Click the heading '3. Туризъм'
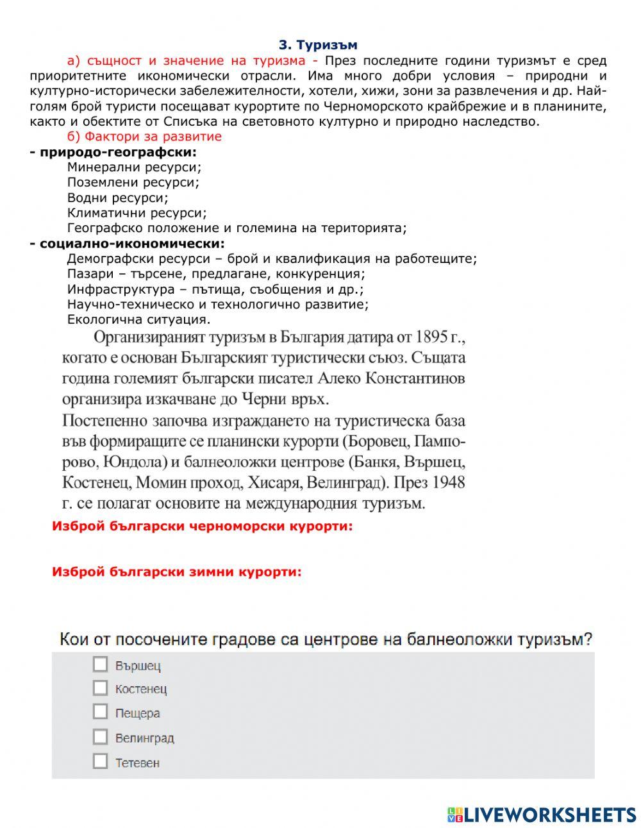[318, 45]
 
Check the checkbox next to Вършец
[100, 664]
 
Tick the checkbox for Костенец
[100, 688]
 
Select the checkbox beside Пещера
[100, 712]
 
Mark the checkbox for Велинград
[100, 737]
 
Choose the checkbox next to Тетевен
[100, 761]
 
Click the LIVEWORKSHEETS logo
[542, 815]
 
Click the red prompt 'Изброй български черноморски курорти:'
[202, 527]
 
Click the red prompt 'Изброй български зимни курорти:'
[176, 571]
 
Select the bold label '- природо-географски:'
[113, 152]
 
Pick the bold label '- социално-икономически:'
[128, 244]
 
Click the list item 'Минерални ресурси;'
[134, 167]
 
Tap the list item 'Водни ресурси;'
[117, 198]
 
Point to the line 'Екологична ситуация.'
[138, 319]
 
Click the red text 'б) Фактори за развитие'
[144, 137]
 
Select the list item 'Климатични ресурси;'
[137, 213]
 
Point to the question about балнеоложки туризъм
[326, 639]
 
